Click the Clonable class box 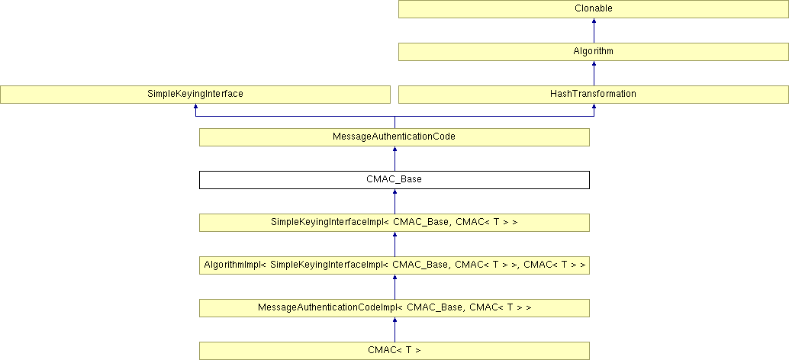[x=594, y=9]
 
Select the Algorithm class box [x=594, y=52]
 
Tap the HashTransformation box [x=594, y=95]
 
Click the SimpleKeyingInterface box [x=195, y=95]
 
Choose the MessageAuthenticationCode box [x=394, y=137]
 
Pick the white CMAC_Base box [x=394, y=180]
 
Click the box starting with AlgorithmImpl [x=394, y=265]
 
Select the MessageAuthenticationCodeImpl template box [x=394, y=308]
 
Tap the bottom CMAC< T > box [x=394, y=351]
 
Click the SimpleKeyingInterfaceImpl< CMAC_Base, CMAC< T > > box [x=394, y=223]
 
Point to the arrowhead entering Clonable [x=594, y=22]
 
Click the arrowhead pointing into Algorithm [x=594, y=65]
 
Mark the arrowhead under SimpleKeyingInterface [x=195, y=108]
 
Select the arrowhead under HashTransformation [x=594, y=108]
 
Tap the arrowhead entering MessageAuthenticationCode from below [x=394, y=150]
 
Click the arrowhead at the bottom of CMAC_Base [x=394, y=193]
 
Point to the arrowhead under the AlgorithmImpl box [x=394, y=278]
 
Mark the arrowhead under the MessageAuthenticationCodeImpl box [x=394, y=321]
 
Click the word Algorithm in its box [x=594, y=52]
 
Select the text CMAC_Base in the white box [x=394, y=180]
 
